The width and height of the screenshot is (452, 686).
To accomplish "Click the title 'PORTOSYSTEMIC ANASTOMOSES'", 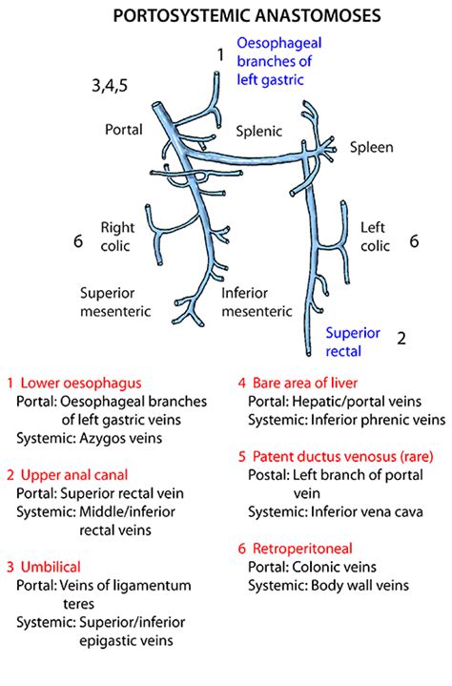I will (x=225, y=16).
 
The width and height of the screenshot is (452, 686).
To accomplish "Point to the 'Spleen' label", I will (x=371, y=147).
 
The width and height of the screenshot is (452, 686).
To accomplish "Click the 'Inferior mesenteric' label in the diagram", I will (x=257, y=301).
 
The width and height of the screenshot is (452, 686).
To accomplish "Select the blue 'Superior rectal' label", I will (x=352, y=342).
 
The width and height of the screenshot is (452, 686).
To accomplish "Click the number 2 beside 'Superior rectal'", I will (x=401, y=338).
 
